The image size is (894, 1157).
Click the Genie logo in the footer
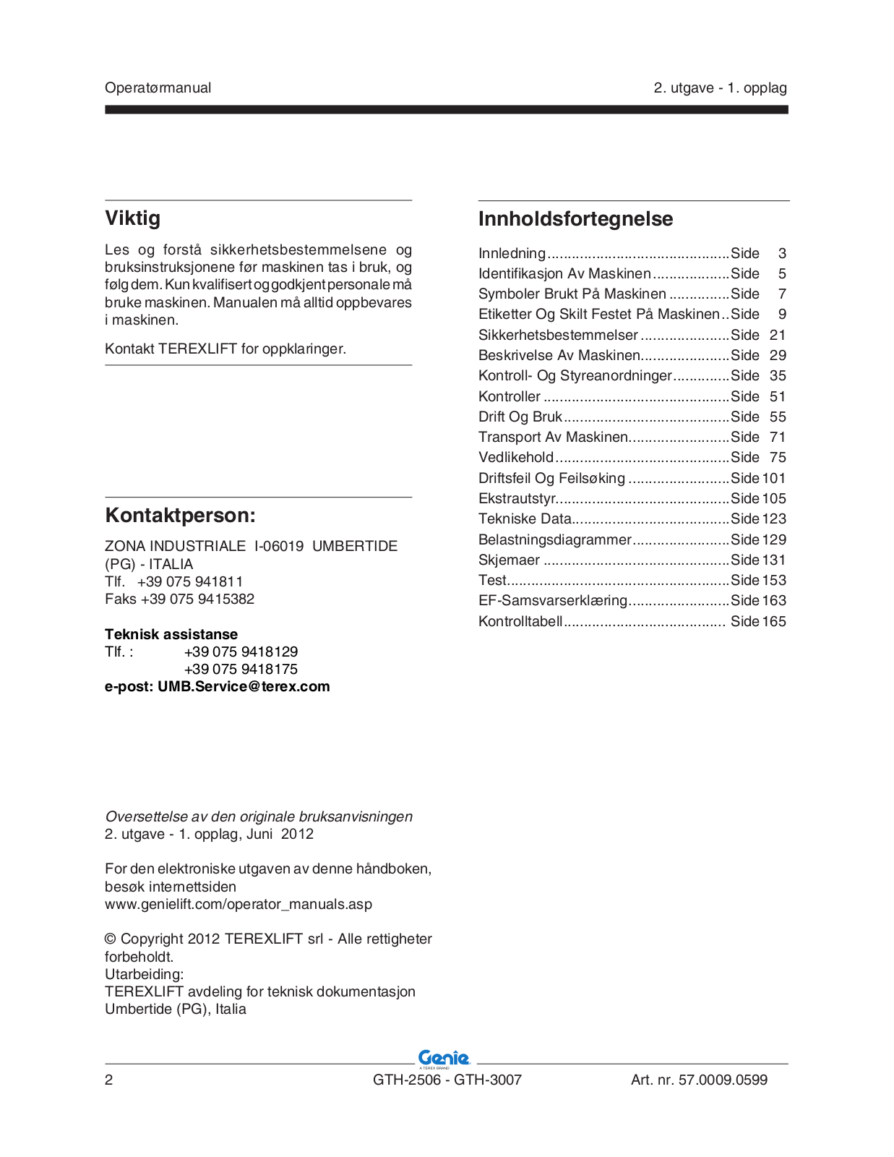(x=444, y=1059)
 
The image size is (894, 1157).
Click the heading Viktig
(x=133, y=218)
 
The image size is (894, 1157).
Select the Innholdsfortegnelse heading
(x=575, y=218)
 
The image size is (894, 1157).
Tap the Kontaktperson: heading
(x=180, y=516)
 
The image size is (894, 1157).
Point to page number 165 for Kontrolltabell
(x=773, y=621)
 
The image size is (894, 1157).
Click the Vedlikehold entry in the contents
(x=516, y=457)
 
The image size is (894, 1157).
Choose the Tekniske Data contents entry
(x=525, y=518)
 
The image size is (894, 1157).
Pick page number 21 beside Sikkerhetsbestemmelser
(x=778, y=335)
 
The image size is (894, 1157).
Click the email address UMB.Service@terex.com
(x=244, y=686)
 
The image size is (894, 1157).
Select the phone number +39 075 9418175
(x=241, y=669)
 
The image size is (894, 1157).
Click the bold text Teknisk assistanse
(x=171, y=634)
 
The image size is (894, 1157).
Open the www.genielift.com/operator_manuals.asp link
(x=238, y=904)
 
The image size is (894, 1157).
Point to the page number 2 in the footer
(x=109, y=1080)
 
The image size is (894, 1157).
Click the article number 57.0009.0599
(x=723, y=1080)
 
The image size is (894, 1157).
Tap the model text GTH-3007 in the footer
(x=488, y=1080)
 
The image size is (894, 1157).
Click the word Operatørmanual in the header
(x=158, y=88)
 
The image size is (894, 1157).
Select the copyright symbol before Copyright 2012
(x=111, y=939)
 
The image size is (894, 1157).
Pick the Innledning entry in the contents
(x=512, y=253)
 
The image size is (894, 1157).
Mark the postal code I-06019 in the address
(x=279, y=546)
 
